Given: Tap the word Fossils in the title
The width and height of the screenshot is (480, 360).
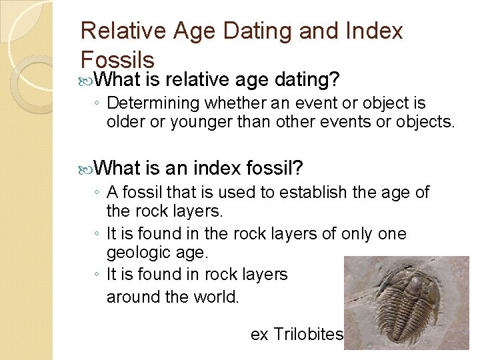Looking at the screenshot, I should coord(117,59).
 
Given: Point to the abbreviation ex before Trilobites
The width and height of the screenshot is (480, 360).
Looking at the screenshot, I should coord(259,334).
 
